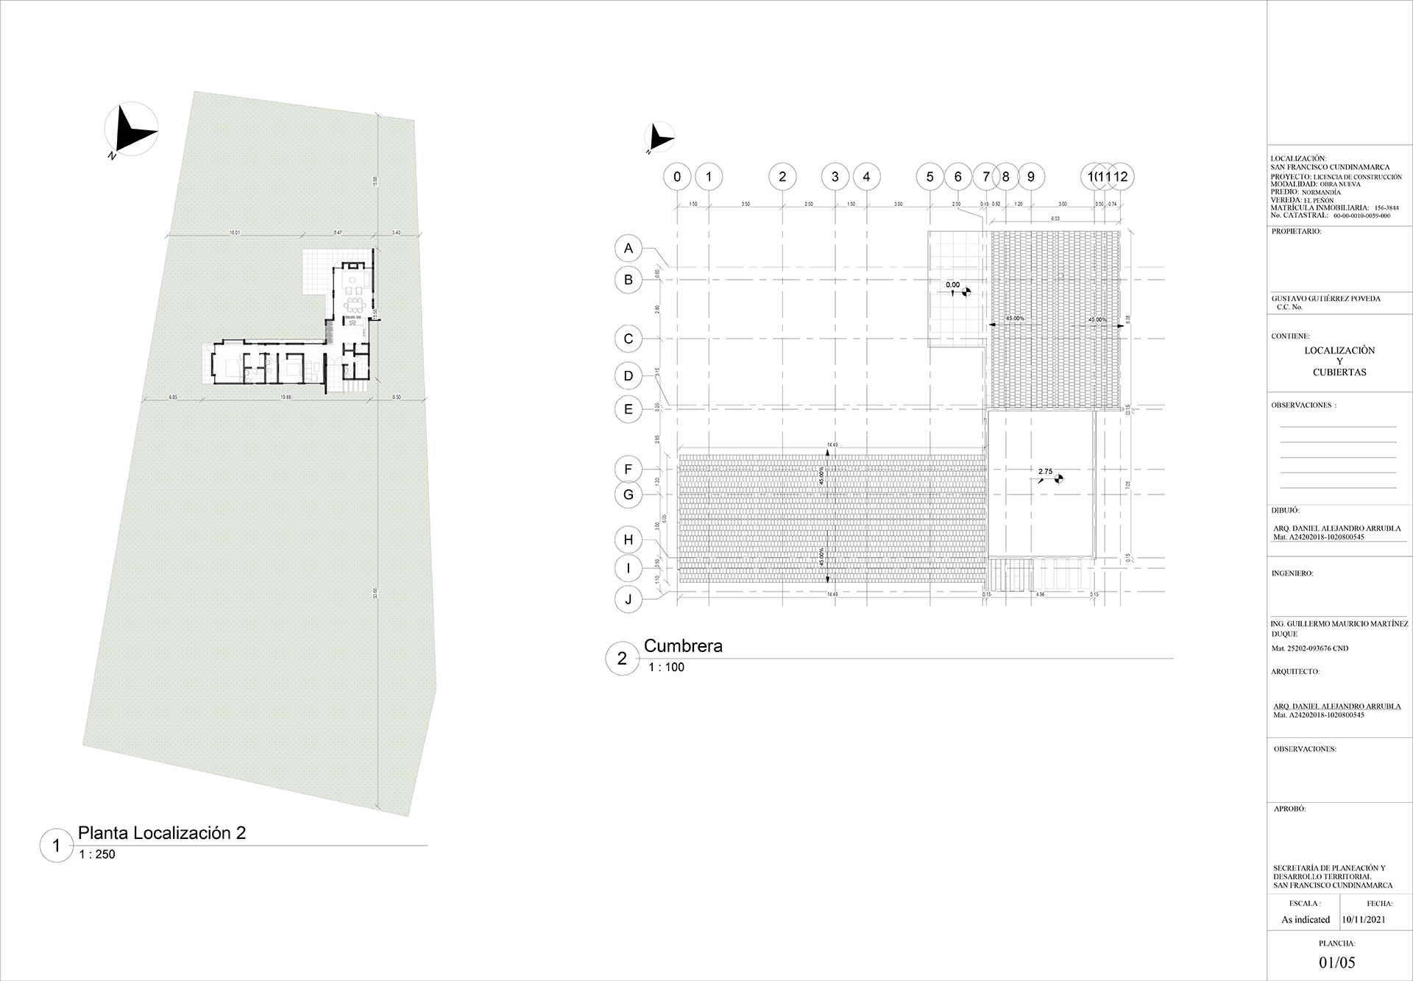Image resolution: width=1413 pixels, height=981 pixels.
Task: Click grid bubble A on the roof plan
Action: click(628, 249)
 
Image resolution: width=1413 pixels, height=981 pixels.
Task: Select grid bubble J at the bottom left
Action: click(628, 599)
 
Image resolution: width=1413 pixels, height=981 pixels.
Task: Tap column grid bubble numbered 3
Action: click(835, 177)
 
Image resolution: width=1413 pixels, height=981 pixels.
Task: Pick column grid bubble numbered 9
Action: click(1030, 177)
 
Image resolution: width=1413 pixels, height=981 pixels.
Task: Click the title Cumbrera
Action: click(683, 646)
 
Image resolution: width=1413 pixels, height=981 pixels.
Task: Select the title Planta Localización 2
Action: click(162, 833)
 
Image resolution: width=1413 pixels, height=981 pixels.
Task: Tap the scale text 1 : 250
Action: click(97, 854)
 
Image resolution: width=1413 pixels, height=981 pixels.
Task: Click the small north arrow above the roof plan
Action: click(659, 138)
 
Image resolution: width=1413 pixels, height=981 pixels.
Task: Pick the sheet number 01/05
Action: click(1337, 962)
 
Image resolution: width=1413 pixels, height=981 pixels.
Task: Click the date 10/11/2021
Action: click(1364, 920)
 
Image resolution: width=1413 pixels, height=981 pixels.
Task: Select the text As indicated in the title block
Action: click(1306, 920)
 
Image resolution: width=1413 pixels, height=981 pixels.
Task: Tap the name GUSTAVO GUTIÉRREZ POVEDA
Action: click(1325, 299)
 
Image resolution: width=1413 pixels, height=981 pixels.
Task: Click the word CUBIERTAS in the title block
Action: click(1339, 372)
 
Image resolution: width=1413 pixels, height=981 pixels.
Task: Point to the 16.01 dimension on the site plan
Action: click(235, 233)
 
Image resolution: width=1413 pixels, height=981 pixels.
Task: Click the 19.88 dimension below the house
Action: click(286, 397)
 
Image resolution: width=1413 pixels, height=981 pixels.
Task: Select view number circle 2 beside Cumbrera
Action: click(622, 659)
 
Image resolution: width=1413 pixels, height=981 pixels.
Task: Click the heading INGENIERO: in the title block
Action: click(1292, 573)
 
